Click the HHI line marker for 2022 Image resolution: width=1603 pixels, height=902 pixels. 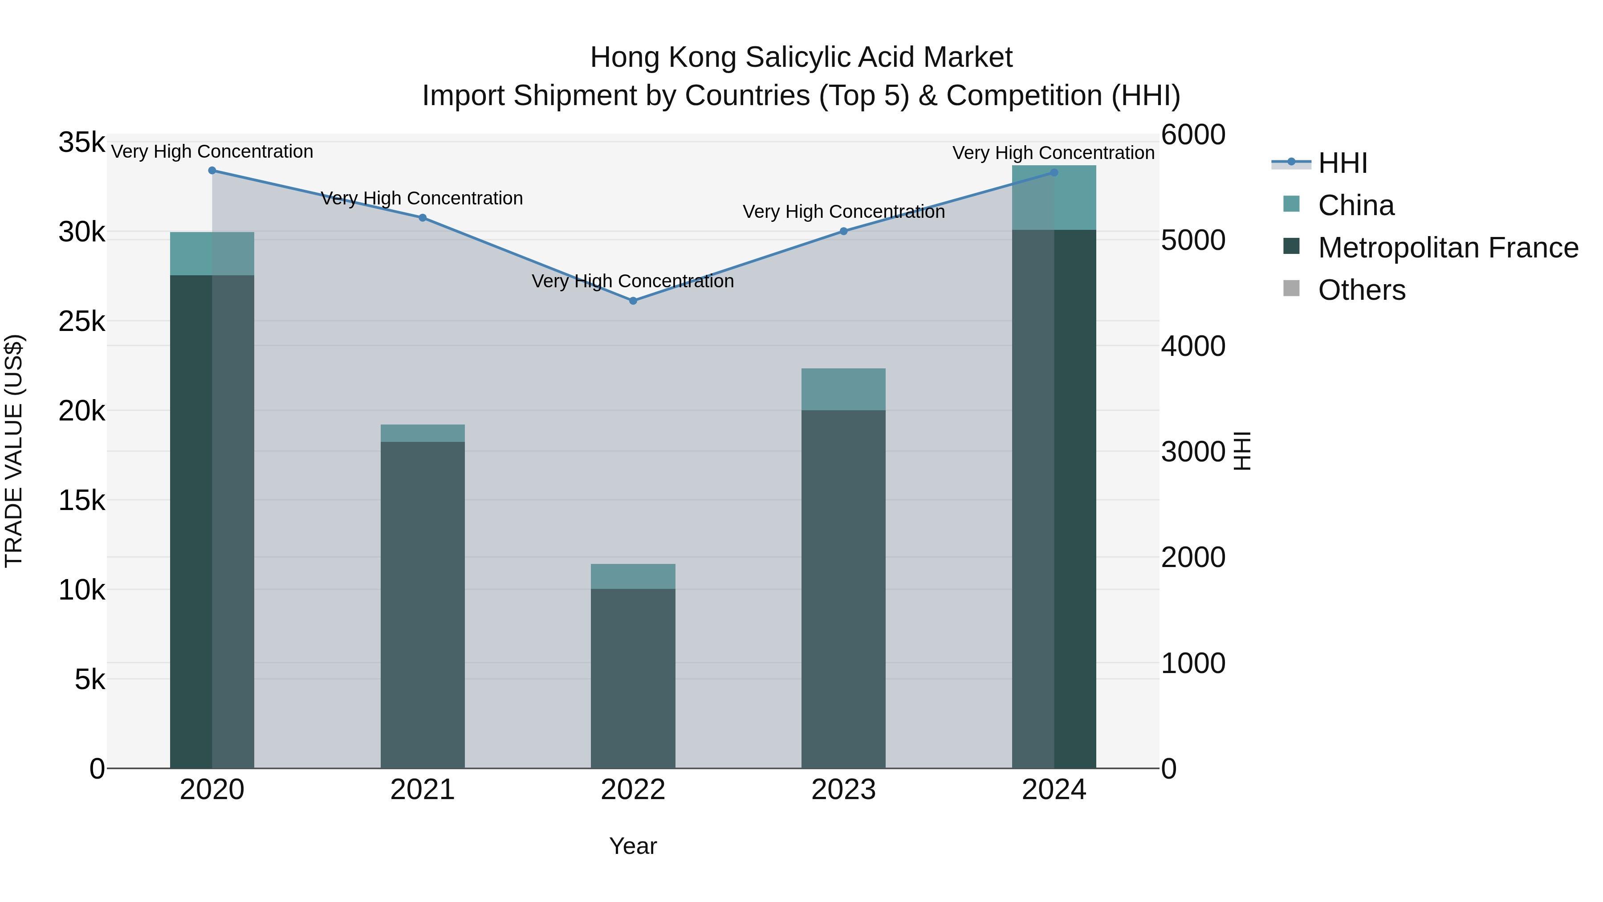pos(633,301)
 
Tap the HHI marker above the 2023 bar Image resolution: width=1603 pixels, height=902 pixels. pos(843,231)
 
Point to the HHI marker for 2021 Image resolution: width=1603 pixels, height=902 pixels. pos(423,218)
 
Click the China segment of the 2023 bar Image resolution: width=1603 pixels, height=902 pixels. pos(843,389)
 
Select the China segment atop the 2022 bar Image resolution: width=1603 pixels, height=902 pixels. pos(633,576)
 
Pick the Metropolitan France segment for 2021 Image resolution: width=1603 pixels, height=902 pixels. pos(423,604)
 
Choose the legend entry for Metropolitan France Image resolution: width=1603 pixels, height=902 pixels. pos(1448,248)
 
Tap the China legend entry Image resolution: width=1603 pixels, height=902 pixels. pos(1355,205)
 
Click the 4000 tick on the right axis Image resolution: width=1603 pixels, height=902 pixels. pos(1193,346)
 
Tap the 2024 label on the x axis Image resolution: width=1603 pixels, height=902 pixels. pos(1054,790)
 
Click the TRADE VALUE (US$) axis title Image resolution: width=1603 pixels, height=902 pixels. pos(14,451)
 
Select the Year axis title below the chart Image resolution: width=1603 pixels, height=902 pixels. pos(633,846)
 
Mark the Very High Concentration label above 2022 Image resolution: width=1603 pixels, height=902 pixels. pos(633,282)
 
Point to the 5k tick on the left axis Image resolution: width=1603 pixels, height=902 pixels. pos(90,680)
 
